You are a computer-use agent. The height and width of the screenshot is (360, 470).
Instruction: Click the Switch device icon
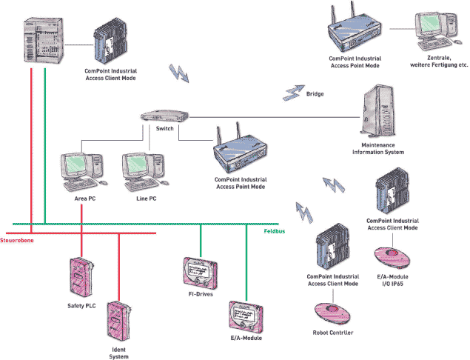pos(164,117)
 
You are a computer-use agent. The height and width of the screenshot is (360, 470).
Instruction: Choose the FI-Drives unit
pos(200,273)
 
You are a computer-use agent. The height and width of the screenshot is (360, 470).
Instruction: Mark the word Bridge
pos(315,94)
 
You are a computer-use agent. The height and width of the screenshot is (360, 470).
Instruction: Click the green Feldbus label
pos(275,232)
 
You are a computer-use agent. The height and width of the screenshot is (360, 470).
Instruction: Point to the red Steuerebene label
pos(18,241)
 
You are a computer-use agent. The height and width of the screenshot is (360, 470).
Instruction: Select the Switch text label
pos(165,129)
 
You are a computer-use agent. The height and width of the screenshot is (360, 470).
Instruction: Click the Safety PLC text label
pos(81,306)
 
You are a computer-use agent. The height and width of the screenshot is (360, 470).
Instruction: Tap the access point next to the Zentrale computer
pos(352,34)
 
